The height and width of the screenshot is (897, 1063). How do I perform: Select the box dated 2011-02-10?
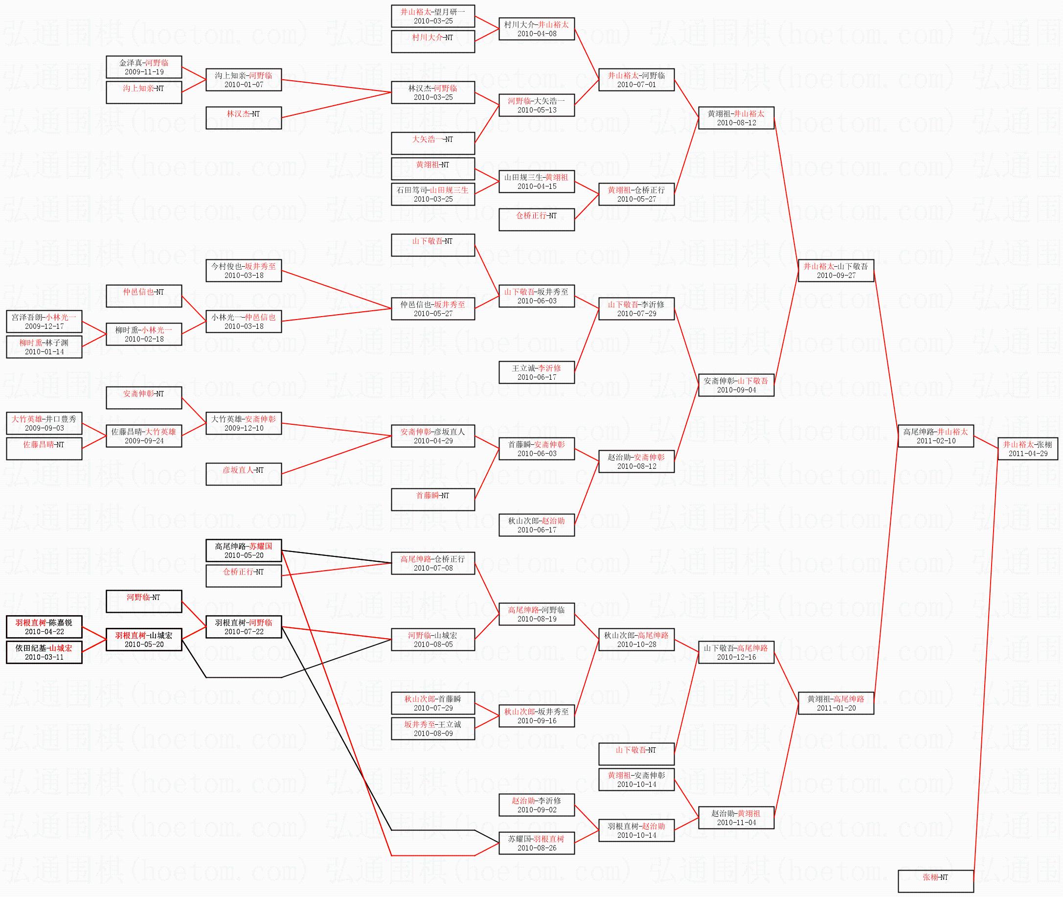pyautogui.click(x=936, y=436)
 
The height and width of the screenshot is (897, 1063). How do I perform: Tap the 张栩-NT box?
pyautogui.click(x=936, y=881)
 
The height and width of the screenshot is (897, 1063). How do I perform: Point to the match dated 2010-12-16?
pyautogui.click(x=736, y=652)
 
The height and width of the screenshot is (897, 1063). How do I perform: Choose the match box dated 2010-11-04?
pyautogui.click(x=736, y=818)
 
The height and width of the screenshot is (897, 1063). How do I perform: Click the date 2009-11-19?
pyautogui.click(x=144, y=72)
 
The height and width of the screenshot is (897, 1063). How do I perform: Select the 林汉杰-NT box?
pyautogui.click(x=244, y=117)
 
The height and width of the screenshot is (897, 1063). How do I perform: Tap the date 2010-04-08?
pyautogui.click(x=537, y=34)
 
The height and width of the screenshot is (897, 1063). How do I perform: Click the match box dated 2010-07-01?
pyautogui.click(x=636, y=80)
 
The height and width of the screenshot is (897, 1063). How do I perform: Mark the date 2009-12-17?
pyautogui.click(x=44, y=326)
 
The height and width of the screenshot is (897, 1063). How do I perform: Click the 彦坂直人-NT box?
pyautogui.click(x=244, y=474)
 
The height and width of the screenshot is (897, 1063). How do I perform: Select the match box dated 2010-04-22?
pyautogui.click(x=44, y=626)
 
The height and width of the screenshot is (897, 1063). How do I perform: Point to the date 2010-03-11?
pyautogui.click(x=44, y=657)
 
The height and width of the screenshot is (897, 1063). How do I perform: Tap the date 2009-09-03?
pyautogui.click(x=44, y=428)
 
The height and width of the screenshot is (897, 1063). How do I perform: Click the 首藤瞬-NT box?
pyautogui.click(x=433, y=499)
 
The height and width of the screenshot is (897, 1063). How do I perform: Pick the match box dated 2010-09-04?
pyautogui.click(x=736, y=385)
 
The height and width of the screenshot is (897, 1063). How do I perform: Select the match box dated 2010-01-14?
pyautogui.click(x=44, y=347)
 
